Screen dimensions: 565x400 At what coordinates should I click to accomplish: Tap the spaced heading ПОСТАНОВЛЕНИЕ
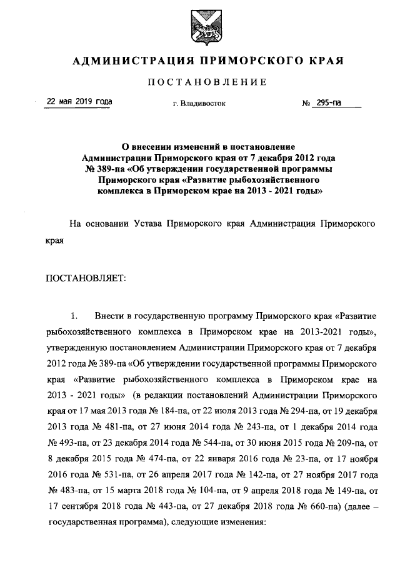pyautogui.click(x=199, y=82)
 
